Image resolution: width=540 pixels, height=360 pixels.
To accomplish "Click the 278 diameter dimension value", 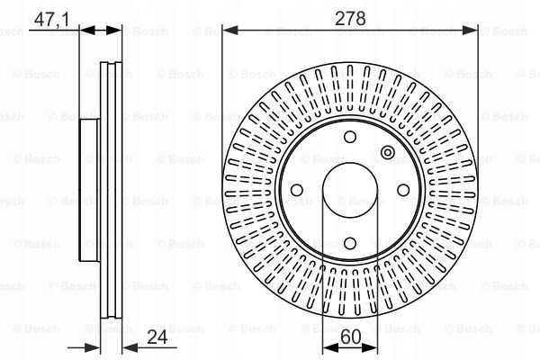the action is [x=350, y=18].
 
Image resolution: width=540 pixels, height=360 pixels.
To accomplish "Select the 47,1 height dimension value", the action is [x=51, y=19].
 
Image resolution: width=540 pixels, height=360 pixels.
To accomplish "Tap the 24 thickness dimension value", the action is [x=157, y=337].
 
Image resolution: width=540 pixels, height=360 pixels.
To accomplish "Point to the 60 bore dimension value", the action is [x=351, y=337].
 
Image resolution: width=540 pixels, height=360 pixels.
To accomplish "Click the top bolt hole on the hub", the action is [x=350, y=137].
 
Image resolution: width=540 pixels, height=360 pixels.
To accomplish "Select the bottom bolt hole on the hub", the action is [x=350, y=243].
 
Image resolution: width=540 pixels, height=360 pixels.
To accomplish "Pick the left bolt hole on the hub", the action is [x=297, y=190].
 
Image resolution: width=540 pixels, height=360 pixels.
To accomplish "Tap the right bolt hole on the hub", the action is [x=403, y=190].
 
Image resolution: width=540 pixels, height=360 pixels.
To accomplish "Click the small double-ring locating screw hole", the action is [x=387, y=152].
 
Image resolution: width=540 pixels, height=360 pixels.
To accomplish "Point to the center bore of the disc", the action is [x=350, y=190].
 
